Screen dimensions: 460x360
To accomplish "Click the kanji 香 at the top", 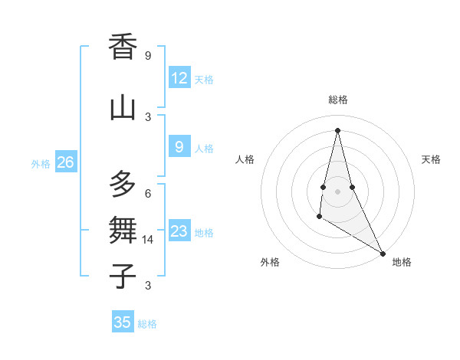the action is tap(123, 47).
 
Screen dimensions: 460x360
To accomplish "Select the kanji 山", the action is tap(123, 106).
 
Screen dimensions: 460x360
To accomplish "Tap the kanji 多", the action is tap(123, 184).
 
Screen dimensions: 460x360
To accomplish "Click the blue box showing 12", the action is tap(179, 78).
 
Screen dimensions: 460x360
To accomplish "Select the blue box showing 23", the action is tap(179, 231).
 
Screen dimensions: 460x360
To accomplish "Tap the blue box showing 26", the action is tap(66, 162).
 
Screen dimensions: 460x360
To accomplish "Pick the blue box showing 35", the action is tap(123, 322).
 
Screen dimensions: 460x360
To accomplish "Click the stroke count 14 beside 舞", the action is tap(149, 240).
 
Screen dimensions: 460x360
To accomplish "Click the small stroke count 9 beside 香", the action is tap(148, 55).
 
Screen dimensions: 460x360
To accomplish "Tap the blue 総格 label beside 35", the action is tap(147, 324).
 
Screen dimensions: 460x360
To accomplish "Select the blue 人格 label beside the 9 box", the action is tap(204, 149).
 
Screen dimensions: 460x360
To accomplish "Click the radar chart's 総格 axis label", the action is tap(337, 100).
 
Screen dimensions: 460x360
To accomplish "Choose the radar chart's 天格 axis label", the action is tap(432, 159).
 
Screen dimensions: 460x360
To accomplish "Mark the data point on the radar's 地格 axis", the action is tap(383, 253).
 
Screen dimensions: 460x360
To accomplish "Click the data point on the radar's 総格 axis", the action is tap(337, 130).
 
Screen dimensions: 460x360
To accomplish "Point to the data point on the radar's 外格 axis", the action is tap(319, 217).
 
